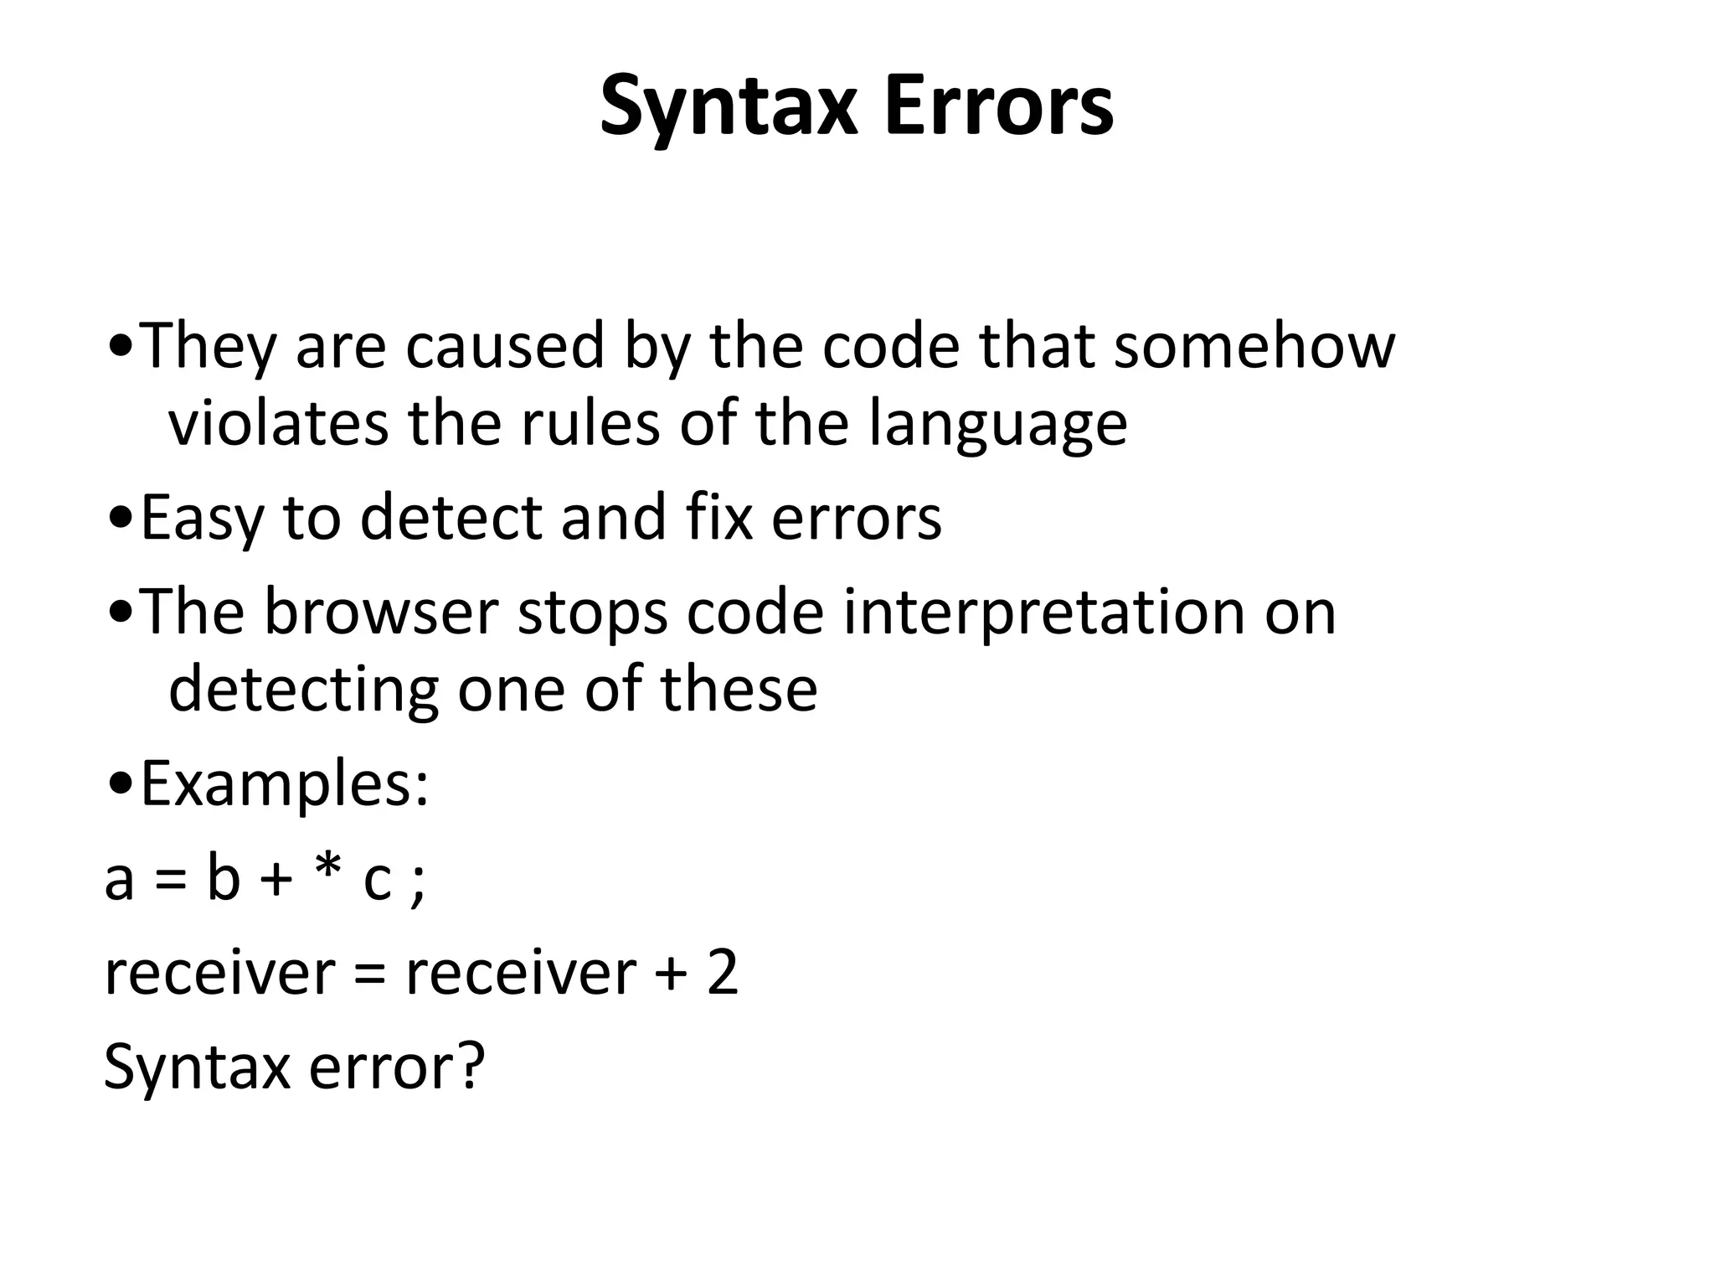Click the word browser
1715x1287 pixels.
(382, 612)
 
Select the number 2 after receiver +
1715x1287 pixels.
(722, 973)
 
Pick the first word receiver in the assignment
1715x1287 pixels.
(219, 974)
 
